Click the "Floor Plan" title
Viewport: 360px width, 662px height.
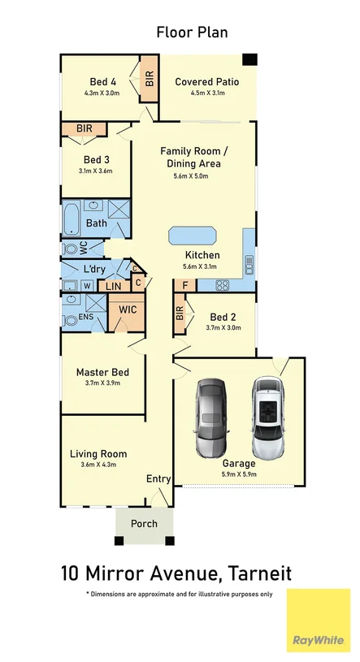193,32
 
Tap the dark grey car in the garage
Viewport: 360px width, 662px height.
211,418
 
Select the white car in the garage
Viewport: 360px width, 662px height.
268,418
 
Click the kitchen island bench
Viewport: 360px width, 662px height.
193,236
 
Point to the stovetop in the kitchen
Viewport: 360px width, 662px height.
222,285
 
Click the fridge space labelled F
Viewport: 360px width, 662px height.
184,285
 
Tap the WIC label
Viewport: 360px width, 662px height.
128,309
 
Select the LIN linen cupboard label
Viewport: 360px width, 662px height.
113,286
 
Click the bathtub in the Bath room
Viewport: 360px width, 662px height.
72,218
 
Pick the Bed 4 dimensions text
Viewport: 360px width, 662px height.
102,93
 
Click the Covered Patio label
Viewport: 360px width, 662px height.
207,81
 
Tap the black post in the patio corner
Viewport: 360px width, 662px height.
249,59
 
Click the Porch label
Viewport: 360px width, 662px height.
144,524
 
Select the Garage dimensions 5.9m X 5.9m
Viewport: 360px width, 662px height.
239,474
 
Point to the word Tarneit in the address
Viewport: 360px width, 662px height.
259,573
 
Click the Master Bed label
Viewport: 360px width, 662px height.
102,372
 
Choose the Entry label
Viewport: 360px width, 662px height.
158,478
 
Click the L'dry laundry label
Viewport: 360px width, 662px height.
94,269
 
